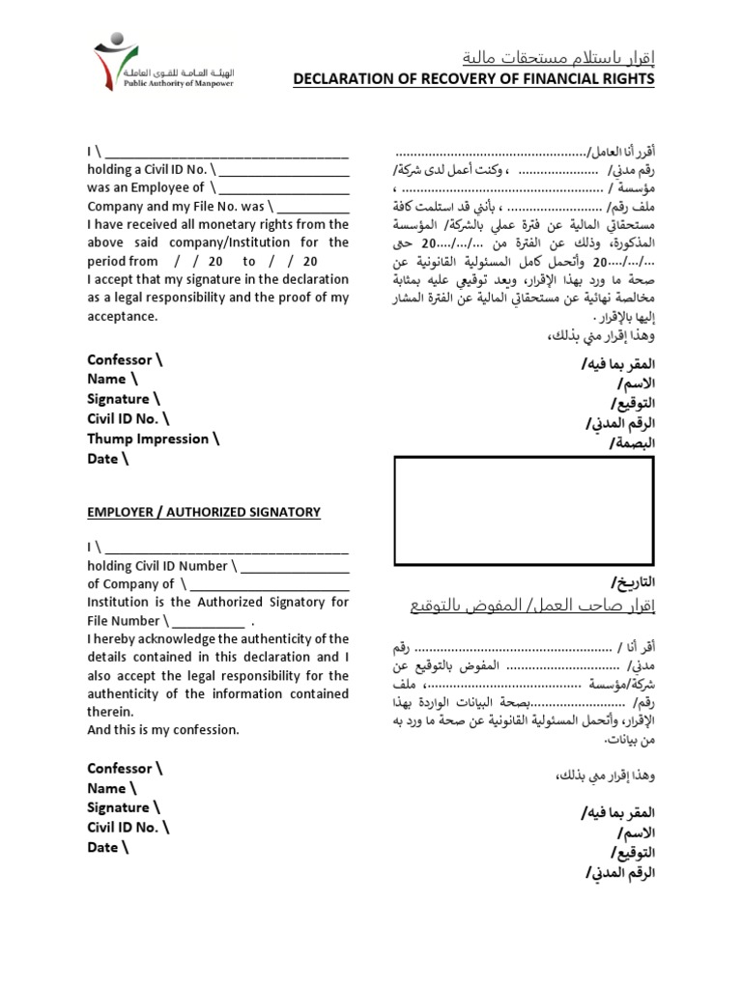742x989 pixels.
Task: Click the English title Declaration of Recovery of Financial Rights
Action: [473, 78]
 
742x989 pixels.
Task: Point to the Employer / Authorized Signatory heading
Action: [204, 512]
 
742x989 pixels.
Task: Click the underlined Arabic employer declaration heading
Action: [518, 606]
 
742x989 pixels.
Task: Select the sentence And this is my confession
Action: [162, 730]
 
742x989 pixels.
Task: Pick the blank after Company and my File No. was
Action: [314, 207]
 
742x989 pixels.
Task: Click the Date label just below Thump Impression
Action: [107, 459]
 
